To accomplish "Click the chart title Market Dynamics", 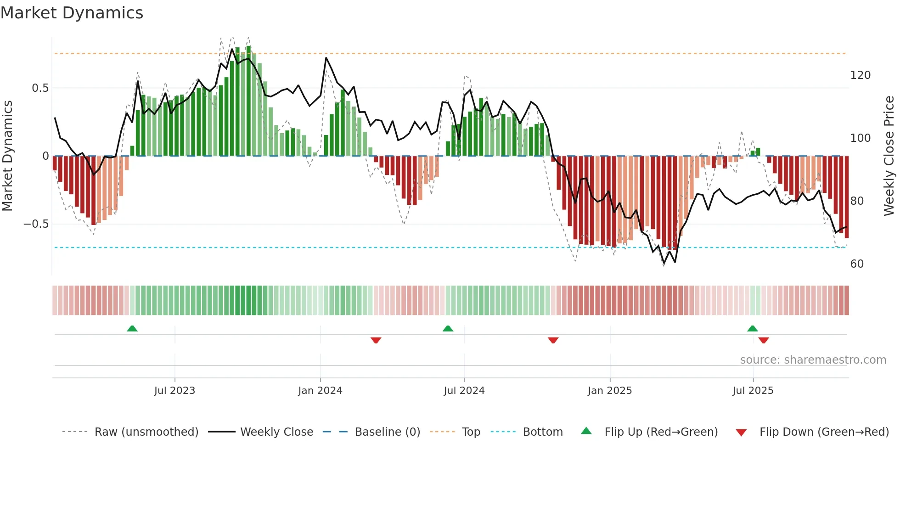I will pyautogui.click(x=72, y=13).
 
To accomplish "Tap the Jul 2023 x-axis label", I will pyautogui.click(x=174, y=391).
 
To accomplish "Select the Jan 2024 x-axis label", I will pyautogui.click(x=320, y=391).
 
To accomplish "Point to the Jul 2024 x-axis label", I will pyautogui.click(x=464, y=391).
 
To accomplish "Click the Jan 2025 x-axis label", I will pyautogui.click(x=610, y=391).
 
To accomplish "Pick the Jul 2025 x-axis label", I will pyautogui.click(x=753, y=391).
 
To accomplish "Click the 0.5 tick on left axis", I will pyautogui.click(x=40, y=88).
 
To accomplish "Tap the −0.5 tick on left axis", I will pyautogui.click(x=36, y=224).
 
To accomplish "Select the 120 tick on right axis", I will pyautogui.click(x=860, y=75).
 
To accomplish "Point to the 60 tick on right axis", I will pyautogui.click(x=857, y=264).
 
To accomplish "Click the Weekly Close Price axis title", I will pyautogui.click(x=889, y=156).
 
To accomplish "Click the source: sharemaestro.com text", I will pyautogui.click(x=813, y=360).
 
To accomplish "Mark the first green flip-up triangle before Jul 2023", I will pyautogui.click(x=132, y=328).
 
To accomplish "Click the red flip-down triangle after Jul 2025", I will pyautogui.click(x=764, y=340).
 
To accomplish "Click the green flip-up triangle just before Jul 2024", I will pyautogui.click(x=448, y=328).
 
